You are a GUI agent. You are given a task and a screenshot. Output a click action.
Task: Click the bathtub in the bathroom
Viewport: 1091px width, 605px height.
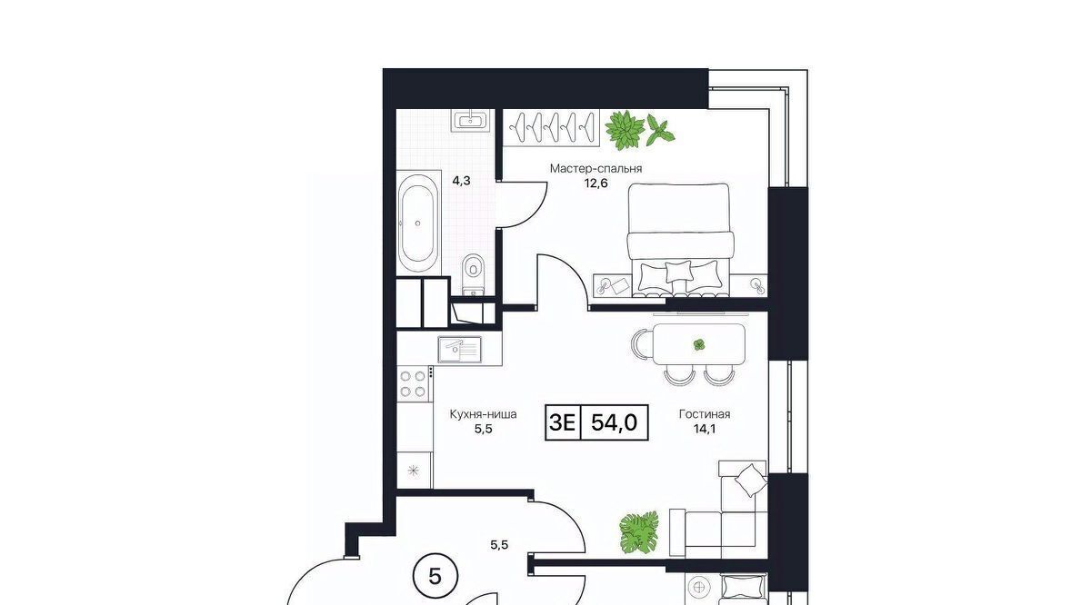pos(416,223)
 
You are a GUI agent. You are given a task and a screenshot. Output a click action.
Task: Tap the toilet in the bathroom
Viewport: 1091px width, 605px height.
pos(473,274)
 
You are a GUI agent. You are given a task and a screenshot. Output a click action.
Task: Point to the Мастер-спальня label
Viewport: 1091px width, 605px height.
pos(596,168)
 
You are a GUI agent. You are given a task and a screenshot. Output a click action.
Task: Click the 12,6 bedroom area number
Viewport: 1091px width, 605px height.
pos(596,183)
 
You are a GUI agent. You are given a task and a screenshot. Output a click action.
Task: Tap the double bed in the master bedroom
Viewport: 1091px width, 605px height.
pos(680,240)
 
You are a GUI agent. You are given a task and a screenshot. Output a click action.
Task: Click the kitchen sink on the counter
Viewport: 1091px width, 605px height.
pos(459,350)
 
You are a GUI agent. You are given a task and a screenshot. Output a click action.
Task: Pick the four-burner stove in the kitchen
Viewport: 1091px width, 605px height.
pos(413,384)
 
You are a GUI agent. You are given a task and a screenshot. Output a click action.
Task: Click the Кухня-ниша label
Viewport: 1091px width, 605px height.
pos(483,414)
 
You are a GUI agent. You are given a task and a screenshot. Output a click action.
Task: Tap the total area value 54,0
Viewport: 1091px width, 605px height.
pos(614,422)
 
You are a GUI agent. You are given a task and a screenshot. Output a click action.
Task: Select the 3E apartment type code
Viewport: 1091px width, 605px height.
pos(563,422)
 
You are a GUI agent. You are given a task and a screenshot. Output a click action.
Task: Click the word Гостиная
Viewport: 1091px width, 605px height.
pos(705,414)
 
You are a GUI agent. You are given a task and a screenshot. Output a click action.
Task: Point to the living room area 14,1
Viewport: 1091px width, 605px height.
pos(705,430)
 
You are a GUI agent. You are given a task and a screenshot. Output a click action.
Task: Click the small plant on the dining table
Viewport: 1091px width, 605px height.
pos(699,344)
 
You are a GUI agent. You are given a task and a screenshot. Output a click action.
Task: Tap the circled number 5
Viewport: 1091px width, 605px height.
pos(435,577)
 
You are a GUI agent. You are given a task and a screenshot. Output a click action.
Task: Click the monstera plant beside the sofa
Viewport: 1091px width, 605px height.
pos(639,532)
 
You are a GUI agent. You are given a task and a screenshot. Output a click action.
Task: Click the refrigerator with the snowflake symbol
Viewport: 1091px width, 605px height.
pos(414,471)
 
